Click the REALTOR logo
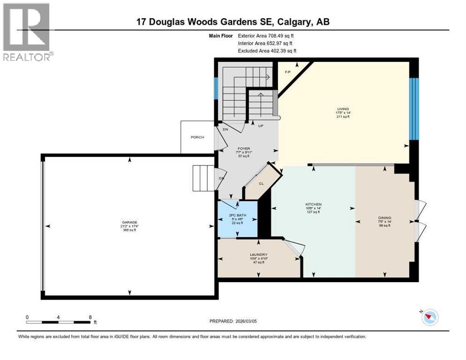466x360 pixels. pyautogui.click(x=27, y=32)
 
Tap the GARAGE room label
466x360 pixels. pyautogui.click(x=129, y=222)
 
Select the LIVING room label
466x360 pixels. pyautogui.click(x=343, y=109)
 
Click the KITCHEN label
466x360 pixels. pyautogui.click(x=312, y=204)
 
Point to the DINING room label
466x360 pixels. pyautogui.click(x=384, y=217)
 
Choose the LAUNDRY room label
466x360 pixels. pyautogui.click(x=258, y=255)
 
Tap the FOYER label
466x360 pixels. pyautogui.click(x=244, y=148)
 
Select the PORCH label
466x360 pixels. pyautogui.click(x=197, y=137)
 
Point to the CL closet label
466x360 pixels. pyautogui.click(x=262, y=183)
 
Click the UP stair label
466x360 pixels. pyautogui.click(x=259, y=126)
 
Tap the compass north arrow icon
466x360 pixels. pyautogui.click(x=429, y=317)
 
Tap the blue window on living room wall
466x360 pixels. pyautogui.click(x=413, y=109)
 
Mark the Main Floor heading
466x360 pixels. pyautogui.click(x=221, y=35)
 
